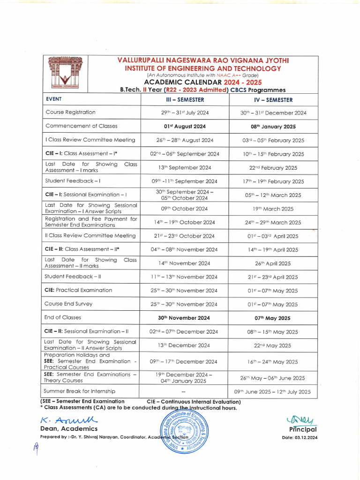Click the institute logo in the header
(65, 74)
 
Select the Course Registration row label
(70, 112)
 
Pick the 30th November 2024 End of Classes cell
(184, 318)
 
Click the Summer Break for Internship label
(79, 391)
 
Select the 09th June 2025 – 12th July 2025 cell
(272, 391)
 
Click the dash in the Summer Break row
(184, 391)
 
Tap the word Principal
(303, 429)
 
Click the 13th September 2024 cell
(184, 167)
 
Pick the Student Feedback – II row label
(73, 277)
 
